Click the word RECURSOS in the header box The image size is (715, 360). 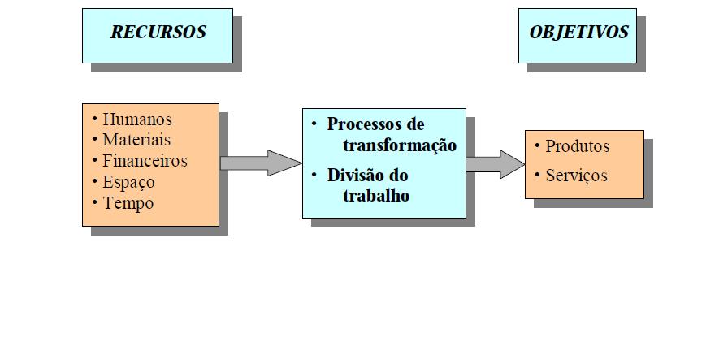pyautogui.click(x=158, y=33)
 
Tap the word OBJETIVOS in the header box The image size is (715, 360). pyautogui.click(x=578, y=33)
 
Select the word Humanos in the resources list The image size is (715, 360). pyautogui.click(x=137, y=119)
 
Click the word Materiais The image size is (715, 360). pyautogui.click(x=136, y=140)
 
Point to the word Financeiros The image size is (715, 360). pyautogui.click(x=145, y=161)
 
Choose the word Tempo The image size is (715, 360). pyautogui.click(x=128, y=203)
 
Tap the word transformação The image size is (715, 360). pyautogui.click(x=399, y=145)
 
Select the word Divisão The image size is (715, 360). pyautogui.click(x=357, y=175)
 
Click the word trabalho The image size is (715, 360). pyautogui.click(x=376, y=196)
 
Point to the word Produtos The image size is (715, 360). pyautogui.click(x=577, y=147)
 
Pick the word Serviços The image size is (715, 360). pyautogui.click(x=576, y=176)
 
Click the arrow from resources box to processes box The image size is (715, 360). pyautogui.click(x=260, y=163)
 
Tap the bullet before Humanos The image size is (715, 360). pyautogui.click(x=96, y=119)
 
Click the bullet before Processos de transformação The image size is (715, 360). pyautogui.click(x=315, y=124)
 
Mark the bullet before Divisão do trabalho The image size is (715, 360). pyautogui.click(x=315, y=174)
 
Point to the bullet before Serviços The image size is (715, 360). pyautogui.click(x=537, y=175)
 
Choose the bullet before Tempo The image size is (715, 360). pyautogui.click(x=96, y=202)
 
